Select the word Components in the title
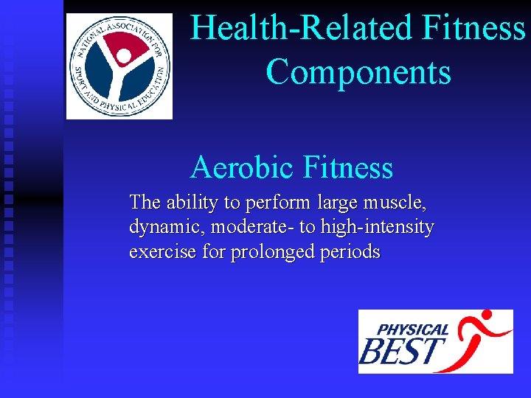tap(358, 72)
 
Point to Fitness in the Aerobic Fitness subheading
tap(350, 168)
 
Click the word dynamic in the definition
tap(167, 227)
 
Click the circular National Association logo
tap(119, 66)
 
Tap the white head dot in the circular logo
tap(124, 55)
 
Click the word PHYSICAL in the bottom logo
tap(413, 329)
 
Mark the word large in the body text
tap(339, 202)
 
